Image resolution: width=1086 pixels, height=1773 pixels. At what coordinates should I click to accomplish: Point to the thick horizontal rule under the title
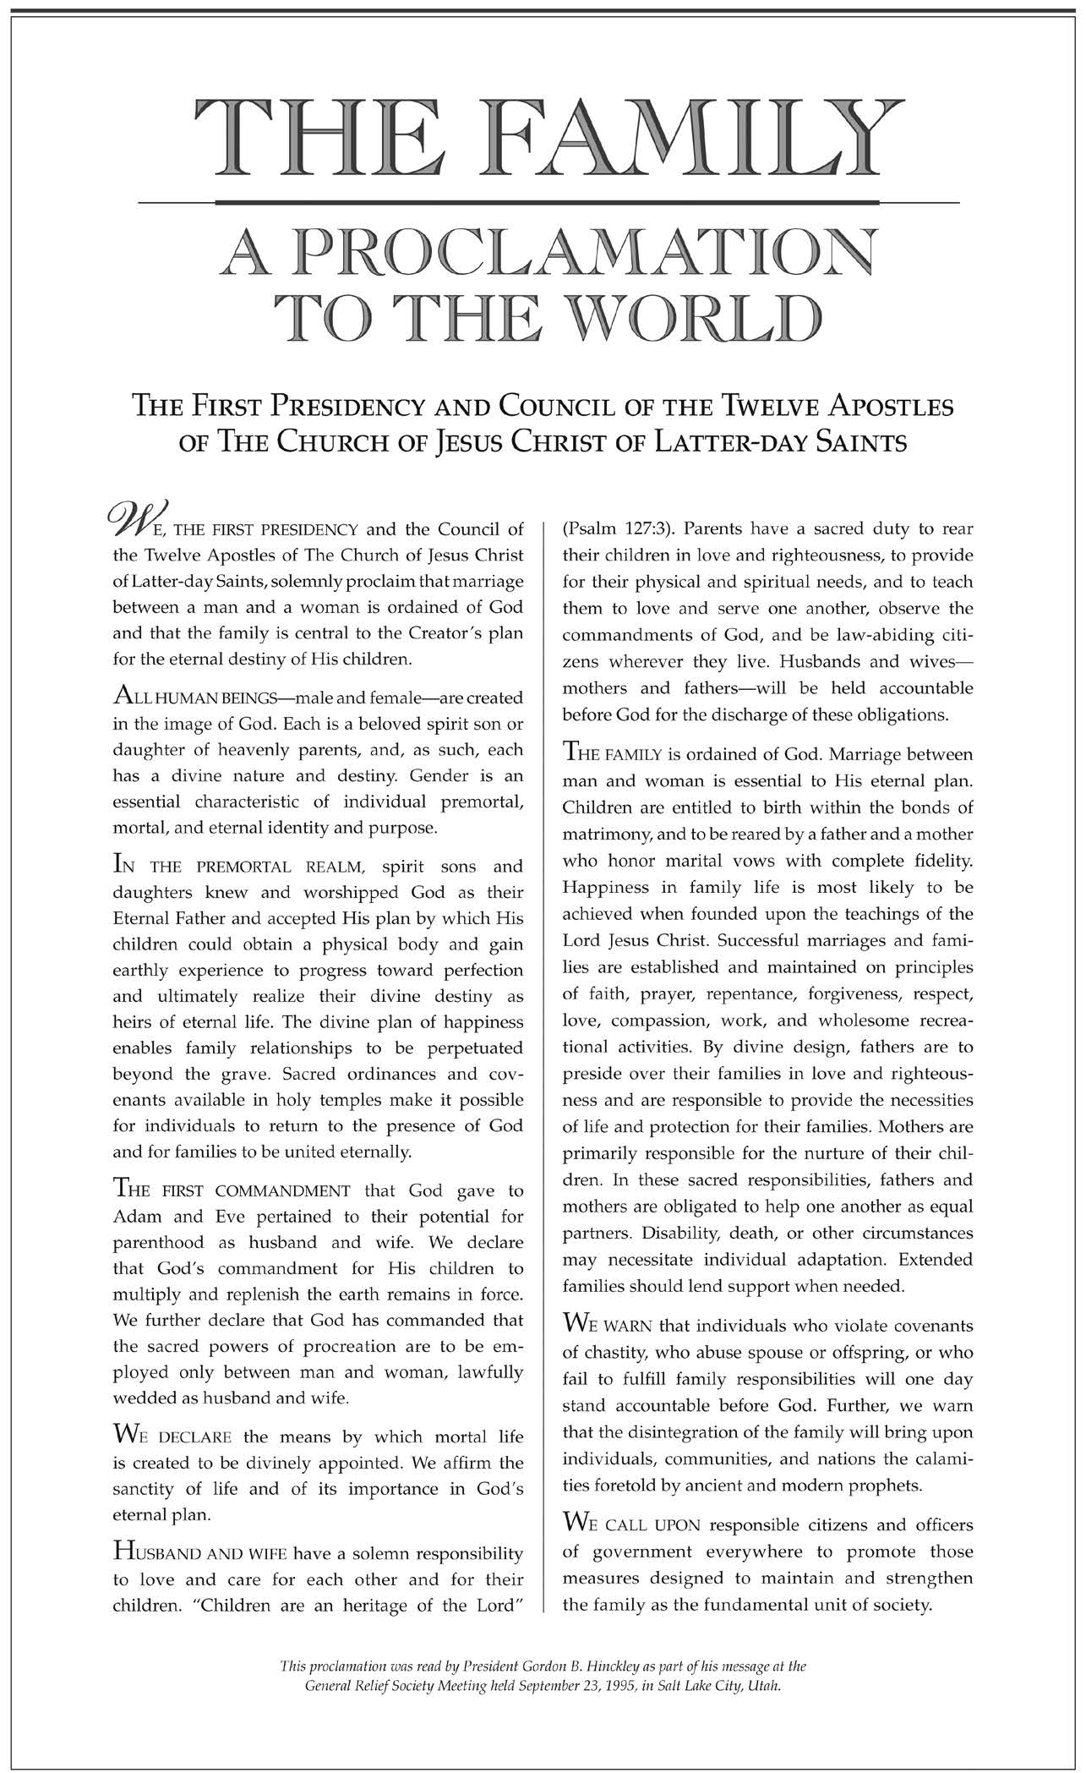(548, 203)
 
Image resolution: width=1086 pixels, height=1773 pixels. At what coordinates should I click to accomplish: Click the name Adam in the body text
(135, 1217)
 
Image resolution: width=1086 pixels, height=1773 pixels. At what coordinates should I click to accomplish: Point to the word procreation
(302, 1345)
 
